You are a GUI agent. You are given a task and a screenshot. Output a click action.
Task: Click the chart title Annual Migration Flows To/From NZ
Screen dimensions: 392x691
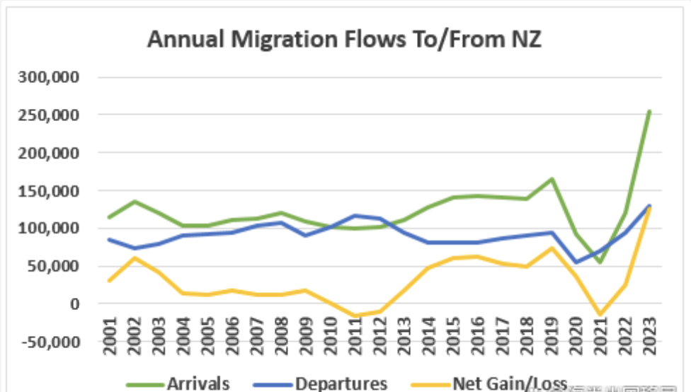click(x=344, y=40)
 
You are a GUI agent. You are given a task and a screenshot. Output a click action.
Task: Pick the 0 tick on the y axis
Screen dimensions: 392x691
click(x=74, y=304)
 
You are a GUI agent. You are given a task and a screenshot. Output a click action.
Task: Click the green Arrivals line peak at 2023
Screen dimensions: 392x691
click(x=649, y=111)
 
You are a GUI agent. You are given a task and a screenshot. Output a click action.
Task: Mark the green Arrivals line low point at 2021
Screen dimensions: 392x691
click(x=600, y=263)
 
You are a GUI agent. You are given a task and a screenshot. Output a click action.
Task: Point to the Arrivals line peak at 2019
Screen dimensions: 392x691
click(x=552, y=179)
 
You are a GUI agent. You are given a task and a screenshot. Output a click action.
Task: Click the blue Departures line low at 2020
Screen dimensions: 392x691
click(x=576, y=263)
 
